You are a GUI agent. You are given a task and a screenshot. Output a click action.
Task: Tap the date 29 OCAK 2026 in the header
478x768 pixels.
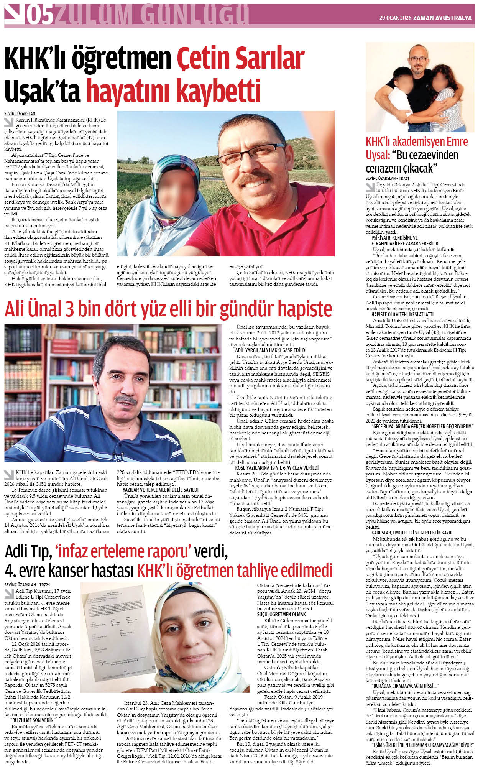(395, 18)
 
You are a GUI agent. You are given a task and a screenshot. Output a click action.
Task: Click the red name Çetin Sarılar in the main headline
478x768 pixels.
(240, 59)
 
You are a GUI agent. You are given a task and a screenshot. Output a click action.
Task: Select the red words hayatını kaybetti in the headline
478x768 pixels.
(173, 91)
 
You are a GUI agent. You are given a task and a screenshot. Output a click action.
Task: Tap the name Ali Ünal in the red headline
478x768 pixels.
(34, 309)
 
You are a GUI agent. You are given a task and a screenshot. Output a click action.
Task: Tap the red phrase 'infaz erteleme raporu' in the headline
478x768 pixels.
(123, 552)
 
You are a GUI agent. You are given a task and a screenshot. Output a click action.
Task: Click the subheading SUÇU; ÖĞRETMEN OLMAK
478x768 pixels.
(281, 614)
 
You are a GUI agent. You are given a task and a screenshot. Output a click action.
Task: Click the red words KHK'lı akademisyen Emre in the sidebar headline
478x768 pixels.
(417, 141)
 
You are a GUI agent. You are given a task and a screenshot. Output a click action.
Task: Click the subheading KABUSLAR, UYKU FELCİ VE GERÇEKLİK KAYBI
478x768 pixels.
(412, 533)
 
